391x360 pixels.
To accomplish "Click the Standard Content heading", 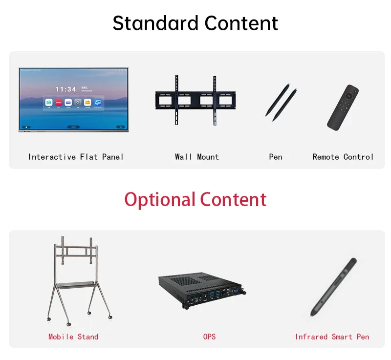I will click(195, 23).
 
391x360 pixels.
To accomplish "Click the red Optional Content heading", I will click(195, 200).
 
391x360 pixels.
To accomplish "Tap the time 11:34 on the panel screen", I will click(65, 89).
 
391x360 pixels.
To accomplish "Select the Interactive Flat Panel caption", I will click(76, 157).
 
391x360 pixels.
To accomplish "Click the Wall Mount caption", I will click(196, 157).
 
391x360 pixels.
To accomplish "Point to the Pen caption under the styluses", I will click(276, 157).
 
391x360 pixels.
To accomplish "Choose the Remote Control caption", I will click(343, 157).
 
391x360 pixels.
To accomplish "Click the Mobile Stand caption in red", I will click(73, 337).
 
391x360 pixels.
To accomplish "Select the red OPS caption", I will click(209, 337).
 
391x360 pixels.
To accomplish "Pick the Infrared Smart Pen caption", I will click(332, 337).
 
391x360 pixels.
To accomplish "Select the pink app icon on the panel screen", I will click(58, 103).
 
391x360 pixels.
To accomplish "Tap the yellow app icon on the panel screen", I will click(87, 103).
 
